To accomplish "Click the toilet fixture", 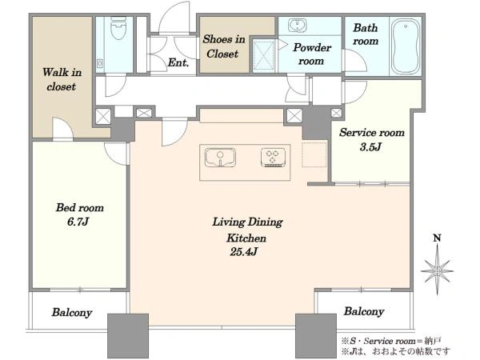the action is coord(118,28).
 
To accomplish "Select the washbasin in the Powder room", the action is coord(297,25).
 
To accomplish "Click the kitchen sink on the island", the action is coord(220,158).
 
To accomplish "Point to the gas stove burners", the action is coord(273,158).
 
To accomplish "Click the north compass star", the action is coord(437,271).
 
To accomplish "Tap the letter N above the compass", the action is coord(438,238).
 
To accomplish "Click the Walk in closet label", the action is coord(62,79).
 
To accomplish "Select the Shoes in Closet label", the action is coord(224,46).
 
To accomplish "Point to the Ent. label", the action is coord(178,62).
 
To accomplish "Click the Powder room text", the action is coord(312,54).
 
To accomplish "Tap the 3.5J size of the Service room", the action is coord(370,147).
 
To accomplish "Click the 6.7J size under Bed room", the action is coord(78,222).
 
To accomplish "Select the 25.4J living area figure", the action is coord(244,252).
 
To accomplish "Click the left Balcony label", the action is coord(72,313).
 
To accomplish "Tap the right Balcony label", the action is coord(364,312).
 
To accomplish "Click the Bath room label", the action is coord(366,34).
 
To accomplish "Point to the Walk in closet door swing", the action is coord(62,128).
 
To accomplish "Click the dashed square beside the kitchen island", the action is coord(314,154).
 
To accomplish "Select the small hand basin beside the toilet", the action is coord(100,64).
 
